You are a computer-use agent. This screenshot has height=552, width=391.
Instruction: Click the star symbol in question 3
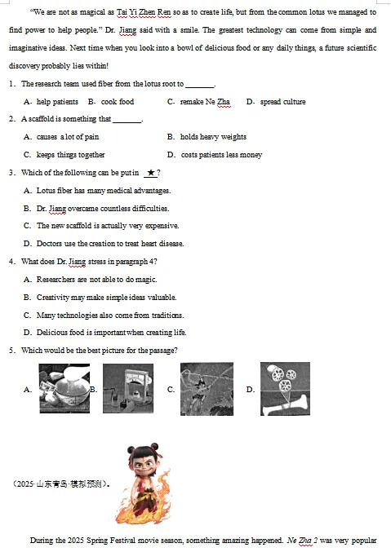(x=151, y=173)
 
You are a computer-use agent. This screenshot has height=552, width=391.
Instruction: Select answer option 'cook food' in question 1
(x=118, y=102)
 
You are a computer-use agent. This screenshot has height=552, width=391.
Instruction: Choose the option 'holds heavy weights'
(x=213, y=137)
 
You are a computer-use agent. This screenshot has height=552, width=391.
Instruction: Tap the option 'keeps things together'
(x=70, y=155)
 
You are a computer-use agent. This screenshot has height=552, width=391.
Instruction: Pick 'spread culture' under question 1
(x=282, y=102)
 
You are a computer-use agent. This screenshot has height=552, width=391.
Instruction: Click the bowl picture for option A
(x=64, y=388)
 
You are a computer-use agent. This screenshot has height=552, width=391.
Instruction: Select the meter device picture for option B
(x=128, y=388)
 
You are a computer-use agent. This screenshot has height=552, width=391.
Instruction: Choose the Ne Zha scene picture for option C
(x=207, y=389)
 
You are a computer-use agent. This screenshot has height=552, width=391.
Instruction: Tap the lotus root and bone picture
(x=285, y=389)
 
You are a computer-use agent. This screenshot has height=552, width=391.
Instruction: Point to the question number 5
(x=11, y=351)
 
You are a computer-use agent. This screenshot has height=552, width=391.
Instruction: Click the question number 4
(x=11, y=262)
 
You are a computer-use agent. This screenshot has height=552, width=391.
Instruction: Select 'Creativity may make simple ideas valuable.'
(x=106, y=297)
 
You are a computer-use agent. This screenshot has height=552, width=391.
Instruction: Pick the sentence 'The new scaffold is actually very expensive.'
(x=108, y=226)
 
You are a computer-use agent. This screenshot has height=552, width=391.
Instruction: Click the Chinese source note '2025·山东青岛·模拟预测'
(x=60, y=484)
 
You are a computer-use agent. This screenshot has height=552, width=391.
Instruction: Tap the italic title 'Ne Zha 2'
(x=303, y=541)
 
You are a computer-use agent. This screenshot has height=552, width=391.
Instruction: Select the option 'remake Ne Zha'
(x=205, y=102)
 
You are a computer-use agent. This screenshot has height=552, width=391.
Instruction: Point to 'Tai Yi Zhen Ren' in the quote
(x=144, y=12)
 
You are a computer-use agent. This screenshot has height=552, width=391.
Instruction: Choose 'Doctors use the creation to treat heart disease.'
(x=110, y=244)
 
